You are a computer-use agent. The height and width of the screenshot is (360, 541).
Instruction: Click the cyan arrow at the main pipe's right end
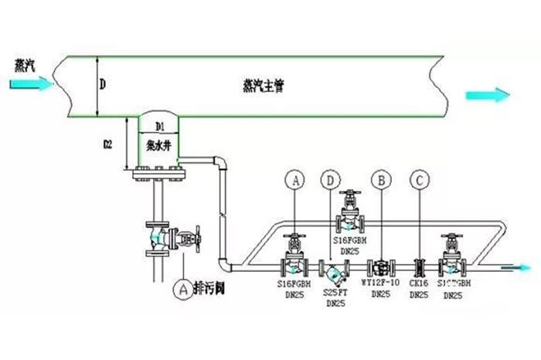tap(488, 95)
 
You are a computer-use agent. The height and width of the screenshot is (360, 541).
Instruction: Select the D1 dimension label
tap(160, 125)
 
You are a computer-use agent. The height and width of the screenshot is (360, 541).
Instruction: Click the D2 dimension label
tap(109, 144)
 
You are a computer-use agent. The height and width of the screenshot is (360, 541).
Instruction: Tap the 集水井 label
tap(158, 144)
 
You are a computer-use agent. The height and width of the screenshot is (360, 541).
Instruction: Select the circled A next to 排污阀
tap(183, 289)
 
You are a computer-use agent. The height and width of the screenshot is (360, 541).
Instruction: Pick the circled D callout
tap(331, 180)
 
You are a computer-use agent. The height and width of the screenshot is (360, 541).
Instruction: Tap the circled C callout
tap(420, 180)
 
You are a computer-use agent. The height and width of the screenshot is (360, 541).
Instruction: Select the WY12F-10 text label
tap(380, 284)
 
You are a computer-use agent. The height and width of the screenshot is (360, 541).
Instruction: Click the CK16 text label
tap(419, 284)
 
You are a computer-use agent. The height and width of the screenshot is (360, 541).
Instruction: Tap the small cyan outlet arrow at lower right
tap(515, 268)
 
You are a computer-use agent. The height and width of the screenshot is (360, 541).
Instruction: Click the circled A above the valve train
tap(294, 180)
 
